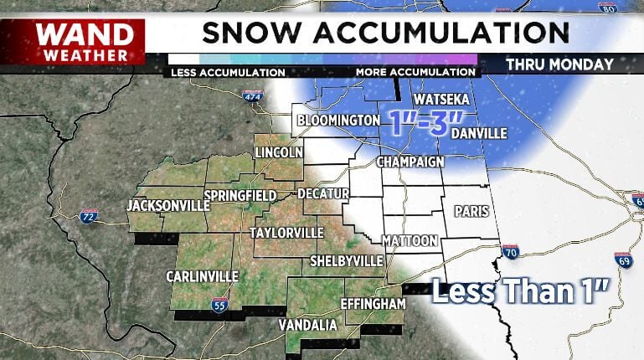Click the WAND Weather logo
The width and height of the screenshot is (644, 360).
click(84, 42)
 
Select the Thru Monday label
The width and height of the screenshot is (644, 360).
click(559, 64)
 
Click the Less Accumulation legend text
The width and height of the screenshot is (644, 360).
click(228, 72)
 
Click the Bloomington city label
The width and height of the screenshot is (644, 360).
click(338, 121)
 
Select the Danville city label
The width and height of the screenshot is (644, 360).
click(478, 133)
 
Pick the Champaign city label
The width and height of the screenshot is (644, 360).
click(409, 161)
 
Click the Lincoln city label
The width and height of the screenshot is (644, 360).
click(278, 153)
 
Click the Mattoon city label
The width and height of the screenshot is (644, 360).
click(410, 240)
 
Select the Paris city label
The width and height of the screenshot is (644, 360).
click(471, 211)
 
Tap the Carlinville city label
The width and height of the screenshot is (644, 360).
click(203, 276)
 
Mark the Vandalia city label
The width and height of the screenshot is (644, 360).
click(307, 325)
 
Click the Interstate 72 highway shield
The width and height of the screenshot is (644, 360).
click(89, 217)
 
